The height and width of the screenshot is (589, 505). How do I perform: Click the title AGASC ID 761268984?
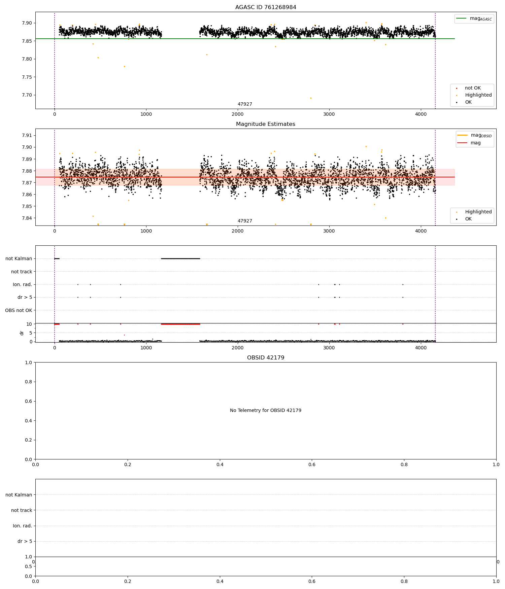coord(266,7)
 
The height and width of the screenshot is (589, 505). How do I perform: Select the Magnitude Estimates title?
coord(266,124)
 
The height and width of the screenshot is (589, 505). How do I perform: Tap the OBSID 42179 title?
coord(266,358)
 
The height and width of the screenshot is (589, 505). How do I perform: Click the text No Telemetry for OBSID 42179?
coord(266,411)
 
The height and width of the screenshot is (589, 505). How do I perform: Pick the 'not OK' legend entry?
coord(473,88)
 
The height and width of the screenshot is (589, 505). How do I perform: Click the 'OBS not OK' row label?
coord(19,310)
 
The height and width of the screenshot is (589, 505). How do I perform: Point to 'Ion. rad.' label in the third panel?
coord(23,285)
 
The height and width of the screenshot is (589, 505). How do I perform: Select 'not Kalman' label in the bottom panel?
coord(19,495)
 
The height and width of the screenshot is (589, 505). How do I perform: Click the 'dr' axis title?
coord(22,333)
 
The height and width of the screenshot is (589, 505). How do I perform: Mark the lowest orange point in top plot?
coord(311,98)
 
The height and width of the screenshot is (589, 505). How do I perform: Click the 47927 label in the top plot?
coord(245,104)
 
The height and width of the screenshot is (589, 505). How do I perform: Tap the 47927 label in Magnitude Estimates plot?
coord(245,221)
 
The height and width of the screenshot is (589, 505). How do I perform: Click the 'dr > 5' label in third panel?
coord(25,298)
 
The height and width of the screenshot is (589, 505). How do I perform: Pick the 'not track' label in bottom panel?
coord(22,510)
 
